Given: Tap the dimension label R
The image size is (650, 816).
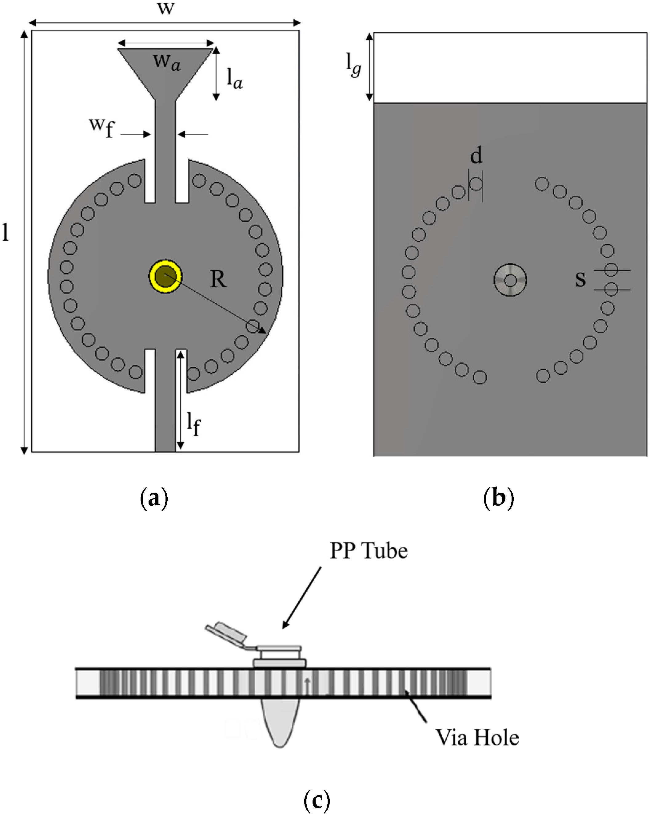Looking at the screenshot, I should (218, 280).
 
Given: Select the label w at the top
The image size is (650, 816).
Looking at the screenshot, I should (166, 8).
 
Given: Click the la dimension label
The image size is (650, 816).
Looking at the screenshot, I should (234, 79).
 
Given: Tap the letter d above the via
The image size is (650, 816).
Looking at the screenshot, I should (476, 155).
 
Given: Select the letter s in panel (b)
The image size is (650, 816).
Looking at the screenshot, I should (580, 279).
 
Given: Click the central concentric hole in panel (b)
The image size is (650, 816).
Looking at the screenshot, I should (510, 280).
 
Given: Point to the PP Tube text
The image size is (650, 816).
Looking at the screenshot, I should (369, 551).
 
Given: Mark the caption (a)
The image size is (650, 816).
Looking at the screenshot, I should (154, 499).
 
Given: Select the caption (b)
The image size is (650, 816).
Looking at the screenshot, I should (498, 498).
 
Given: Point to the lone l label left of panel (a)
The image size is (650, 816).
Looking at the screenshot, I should (5, 232).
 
